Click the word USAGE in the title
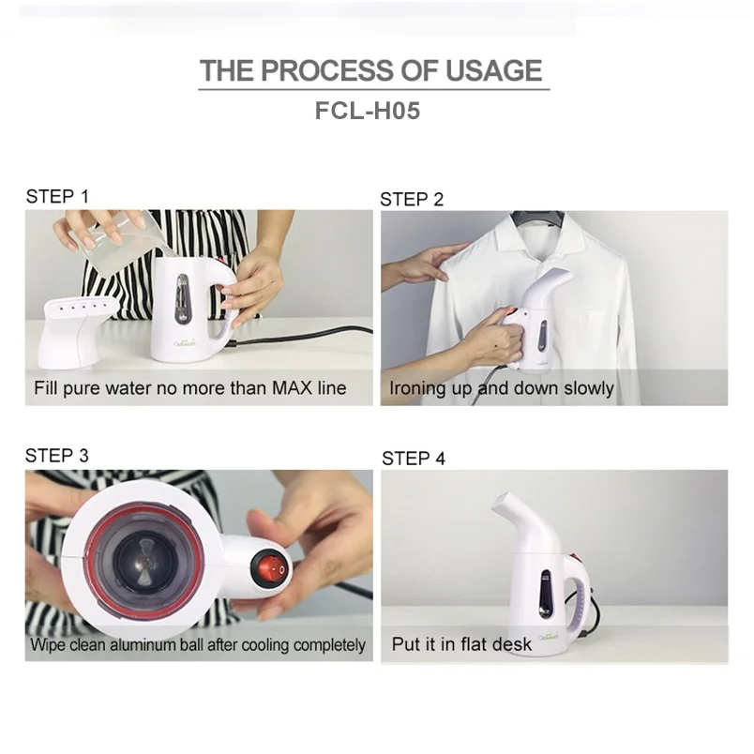493,70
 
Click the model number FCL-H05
368,111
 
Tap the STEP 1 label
57,196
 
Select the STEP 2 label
412,199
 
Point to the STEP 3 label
57,456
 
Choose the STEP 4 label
414,459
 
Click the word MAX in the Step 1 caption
292,387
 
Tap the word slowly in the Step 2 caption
589,388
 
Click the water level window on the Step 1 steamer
183,298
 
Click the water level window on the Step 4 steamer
545,595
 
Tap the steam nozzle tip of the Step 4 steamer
500,502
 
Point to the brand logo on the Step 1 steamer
185,343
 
